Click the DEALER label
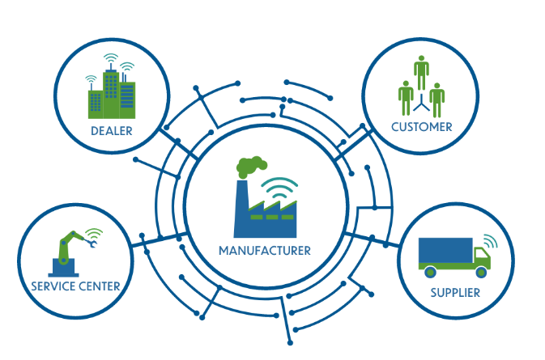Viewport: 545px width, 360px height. coord(112,131)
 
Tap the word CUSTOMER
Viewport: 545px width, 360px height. coord(421,127)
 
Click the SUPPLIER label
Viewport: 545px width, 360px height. coord(455,291)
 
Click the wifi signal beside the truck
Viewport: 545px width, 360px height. coord(488,240)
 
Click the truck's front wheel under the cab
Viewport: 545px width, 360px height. coord(477,270)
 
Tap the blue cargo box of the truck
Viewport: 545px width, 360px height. coord(445,252)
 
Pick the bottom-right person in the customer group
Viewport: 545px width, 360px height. coord(437,99)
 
